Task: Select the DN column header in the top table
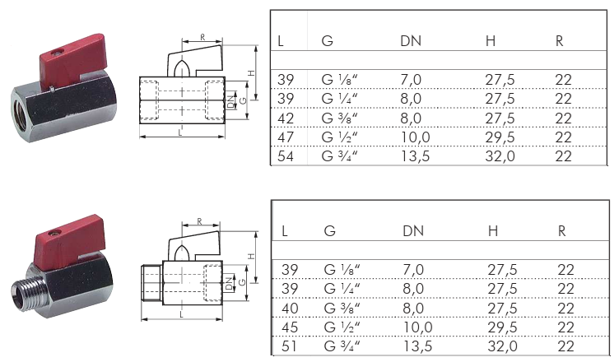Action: click(x=411, y=40)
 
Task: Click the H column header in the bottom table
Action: click(x=493, y=231)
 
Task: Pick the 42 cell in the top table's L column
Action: click(x=286, y=118)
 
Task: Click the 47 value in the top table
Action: click(x=286, y=137)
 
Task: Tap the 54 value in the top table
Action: click(x=286, y=156)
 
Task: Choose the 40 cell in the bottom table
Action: click(x=290, y=309)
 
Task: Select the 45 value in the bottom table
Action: click(x=290, y=327)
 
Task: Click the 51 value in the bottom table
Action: click(x=289, y=346)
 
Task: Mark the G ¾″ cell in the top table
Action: click(x=339, y=156)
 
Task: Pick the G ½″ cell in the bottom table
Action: click(x=342, y=327)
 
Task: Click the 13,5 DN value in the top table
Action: click(x=415, y=156)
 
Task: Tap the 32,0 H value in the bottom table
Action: click(x=502, y=346)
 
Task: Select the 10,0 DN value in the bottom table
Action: click(x=417, y=327)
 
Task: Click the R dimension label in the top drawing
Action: click(x=202, y=37)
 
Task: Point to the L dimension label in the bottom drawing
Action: click(x=181, y=314)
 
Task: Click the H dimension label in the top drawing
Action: click(x=251, y=72)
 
